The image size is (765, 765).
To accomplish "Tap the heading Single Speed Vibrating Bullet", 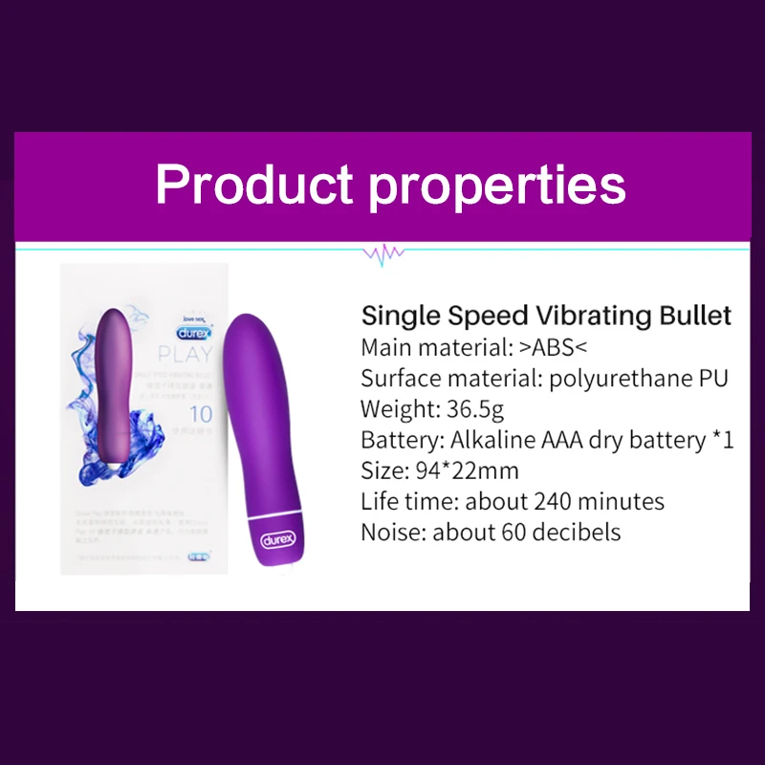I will pyautogui.click(x=546, y=316).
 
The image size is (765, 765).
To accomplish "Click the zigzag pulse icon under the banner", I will pyautogui.click(x=382, y=253).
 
